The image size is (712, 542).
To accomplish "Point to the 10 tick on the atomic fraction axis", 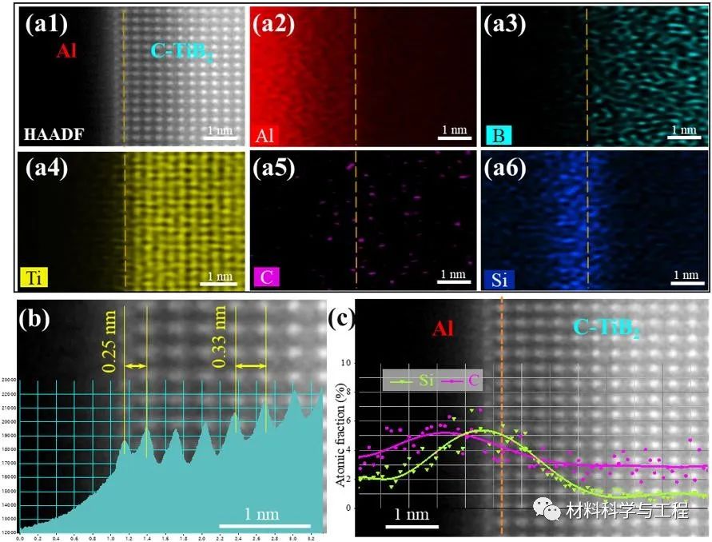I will (x=347, y=363).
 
